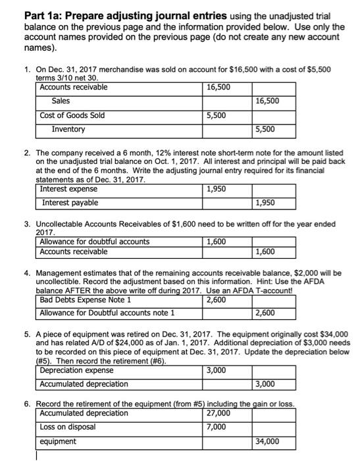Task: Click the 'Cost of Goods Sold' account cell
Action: click(72, 115)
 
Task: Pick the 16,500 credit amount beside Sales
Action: click(267, 101)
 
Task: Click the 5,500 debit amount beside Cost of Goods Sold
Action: click(218, 115)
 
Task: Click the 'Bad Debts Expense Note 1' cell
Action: click(85, 300)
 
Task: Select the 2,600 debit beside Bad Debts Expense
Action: click(218, 300)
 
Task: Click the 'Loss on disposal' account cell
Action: click(69, 427)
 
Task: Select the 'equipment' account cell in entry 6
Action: click(59, 441)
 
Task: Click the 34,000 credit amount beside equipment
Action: click(267, 441)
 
